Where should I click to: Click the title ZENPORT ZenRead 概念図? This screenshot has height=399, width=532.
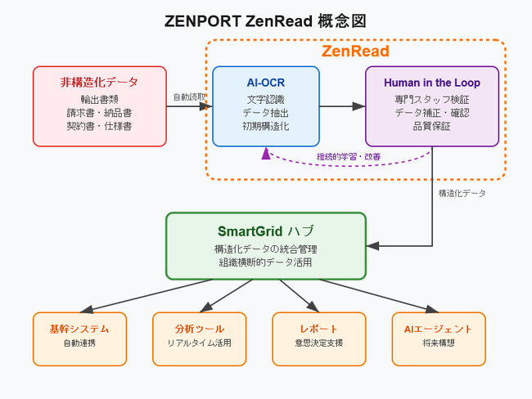(265, 20)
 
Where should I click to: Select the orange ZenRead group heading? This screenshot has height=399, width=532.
(354, 52)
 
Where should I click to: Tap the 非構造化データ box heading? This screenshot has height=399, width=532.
(99, 83)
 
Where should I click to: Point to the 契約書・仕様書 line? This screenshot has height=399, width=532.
(99, 127)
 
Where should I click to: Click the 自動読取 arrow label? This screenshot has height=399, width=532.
(189, 96)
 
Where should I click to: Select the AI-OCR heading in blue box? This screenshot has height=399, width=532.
(265, 83)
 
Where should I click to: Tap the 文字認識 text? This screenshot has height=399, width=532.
(265, 99)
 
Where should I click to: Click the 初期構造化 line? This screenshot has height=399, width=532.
(265, 127)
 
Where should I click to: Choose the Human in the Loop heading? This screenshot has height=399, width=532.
(431, 83)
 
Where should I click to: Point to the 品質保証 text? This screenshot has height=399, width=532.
(431, 127)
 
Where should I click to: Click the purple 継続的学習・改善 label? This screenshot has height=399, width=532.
(353, 156)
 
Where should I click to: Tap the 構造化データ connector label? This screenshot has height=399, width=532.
(462, 193)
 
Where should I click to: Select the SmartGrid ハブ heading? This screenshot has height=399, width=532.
(265, 231)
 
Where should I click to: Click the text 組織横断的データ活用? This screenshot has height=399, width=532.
(265, 262)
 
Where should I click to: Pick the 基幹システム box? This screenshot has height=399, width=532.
(79, 338)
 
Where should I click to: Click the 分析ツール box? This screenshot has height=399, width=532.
(199, 338)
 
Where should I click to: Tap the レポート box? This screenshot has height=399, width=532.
(318, 338)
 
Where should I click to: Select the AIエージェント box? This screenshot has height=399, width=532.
(438, 338)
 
